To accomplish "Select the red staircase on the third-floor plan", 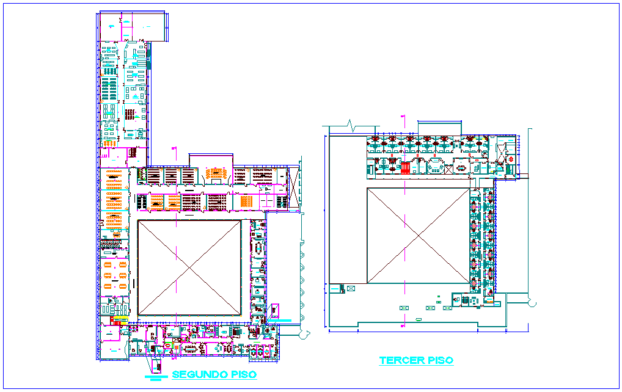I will pos(406,167).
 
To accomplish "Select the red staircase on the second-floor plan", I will pos(114,320).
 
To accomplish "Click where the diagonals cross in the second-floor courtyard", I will pos(189,267).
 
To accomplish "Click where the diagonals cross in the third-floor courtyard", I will pos(418,236).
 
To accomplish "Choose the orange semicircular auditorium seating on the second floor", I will pos(214,174).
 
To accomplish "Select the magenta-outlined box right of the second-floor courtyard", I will pos(275,311).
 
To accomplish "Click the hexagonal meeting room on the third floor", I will pos(436,165).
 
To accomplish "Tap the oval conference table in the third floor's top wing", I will pos(460,166).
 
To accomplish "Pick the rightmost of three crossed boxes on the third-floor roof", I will pos(447,308).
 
